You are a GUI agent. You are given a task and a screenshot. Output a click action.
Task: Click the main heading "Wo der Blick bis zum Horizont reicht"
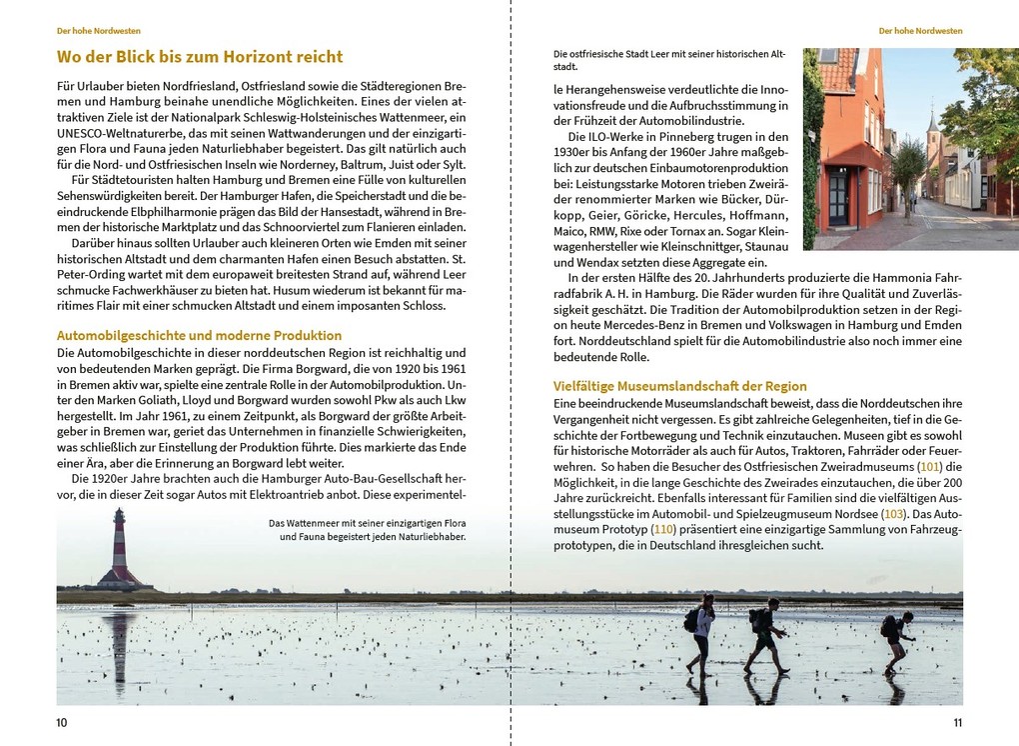[200, 57]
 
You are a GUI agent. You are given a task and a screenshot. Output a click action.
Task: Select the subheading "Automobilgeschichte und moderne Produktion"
[199, 335]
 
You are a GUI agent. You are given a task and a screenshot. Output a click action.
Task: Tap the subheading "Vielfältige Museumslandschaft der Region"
[680, 386]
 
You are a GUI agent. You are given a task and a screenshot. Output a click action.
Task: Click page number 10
[61, 723]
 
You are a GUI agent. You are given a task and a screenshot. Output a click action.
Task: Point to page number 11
[957, 723]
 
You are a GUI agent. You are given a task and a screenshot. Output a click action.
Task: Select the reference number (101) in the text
[930, 467]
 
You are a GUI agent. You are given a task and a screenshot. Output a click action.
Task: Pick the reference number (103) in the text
[894, 513]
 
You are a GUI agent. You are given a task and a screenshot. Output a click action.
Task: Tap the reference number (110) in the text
[663, 529]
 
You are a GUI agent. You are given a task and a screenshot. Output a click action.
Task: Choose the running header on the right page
[920, 31]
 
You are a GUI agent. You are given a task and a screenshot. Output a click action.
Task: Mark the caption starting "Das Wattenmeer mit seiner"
[368, 529]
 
